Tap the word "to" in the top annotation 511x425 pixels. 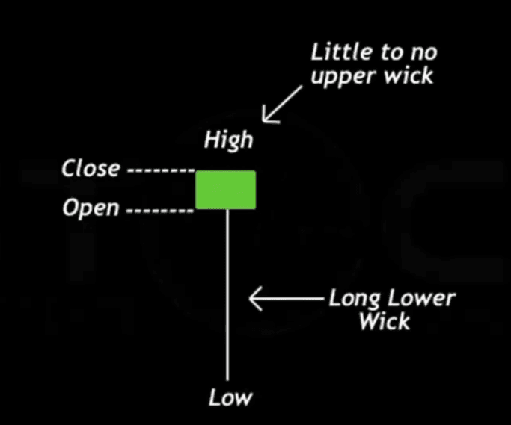[391, 53]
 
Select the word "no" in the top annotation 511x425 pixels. [423, 53]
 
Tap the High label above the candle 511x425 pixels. [229, 140]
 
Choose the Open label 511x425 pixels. [91, 208]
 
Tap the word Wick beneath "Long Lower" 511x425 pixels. [384, 322]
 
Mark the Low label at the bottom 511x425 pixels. [230, 397]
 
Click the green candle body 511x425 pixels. [226, 190]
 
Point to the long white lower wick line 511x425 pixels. [227, 299]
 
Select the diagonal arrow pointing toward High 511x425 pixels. [283, 104]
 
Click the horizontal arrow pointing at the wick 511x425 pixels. [288, 300]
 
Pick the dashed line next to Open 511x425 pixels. [159, 210]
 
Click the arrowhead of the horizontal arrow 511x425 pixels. [254, 300]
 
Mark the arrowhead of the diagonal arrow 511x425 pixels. [266, 118]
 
